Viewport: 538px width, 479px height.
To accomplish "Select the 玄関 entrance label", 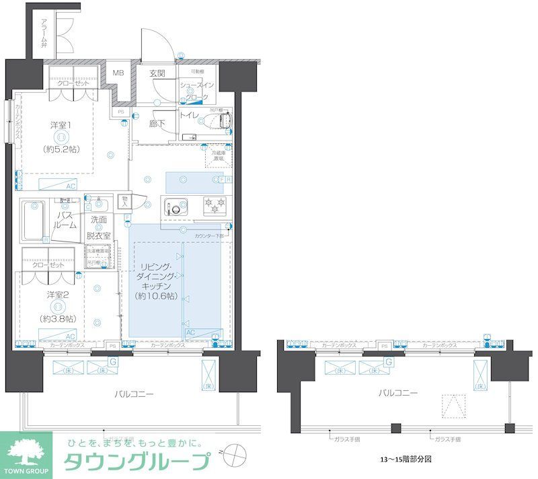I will (158, 73).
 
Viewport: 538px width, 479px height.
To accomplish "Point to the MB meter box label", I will (118, 73).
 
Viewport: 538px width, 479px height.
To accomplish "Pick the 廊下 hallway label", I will (157, 123).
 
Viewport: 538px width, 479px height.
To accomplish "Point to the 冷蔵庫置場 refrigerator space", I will (219, 156).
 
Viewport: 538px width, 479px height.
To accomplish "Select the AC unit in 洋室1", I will (59, 184).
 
